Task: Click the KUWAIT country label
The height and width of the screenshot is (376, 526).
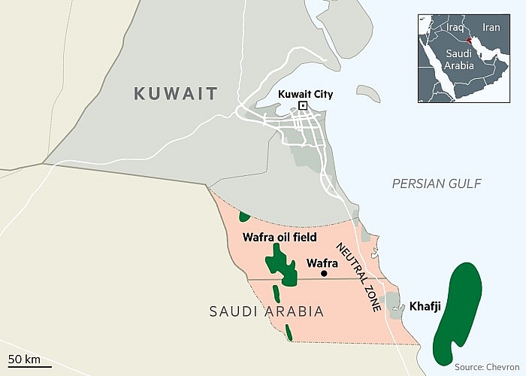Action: point(175,94)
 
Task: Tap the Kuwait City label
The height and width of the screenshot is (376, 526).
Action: point(305,94)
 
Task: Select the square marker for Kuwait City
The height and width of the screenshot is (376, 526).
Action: point(303,106)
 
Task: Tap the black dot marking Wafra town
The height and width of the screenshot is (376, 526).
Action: point(324,274)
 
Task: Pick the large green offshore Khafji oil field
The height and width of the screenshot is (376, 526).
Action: point(458,308)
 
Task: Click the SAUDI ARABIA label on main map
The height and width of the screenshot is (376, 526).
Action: point(267,311)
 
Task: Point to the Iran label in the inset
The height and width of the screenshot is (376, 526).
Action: point(491,27)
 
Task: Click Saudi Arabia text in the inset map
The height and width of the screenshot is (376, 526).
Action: point(458,60)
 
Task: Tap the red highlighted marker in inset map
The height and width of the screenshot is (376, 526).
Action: point(468,41)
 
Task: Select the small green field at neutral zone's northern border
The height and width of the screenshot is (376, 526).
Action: point(244,217)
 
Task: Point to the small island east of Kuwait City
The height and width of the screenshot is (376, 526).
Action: point(367,94)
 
